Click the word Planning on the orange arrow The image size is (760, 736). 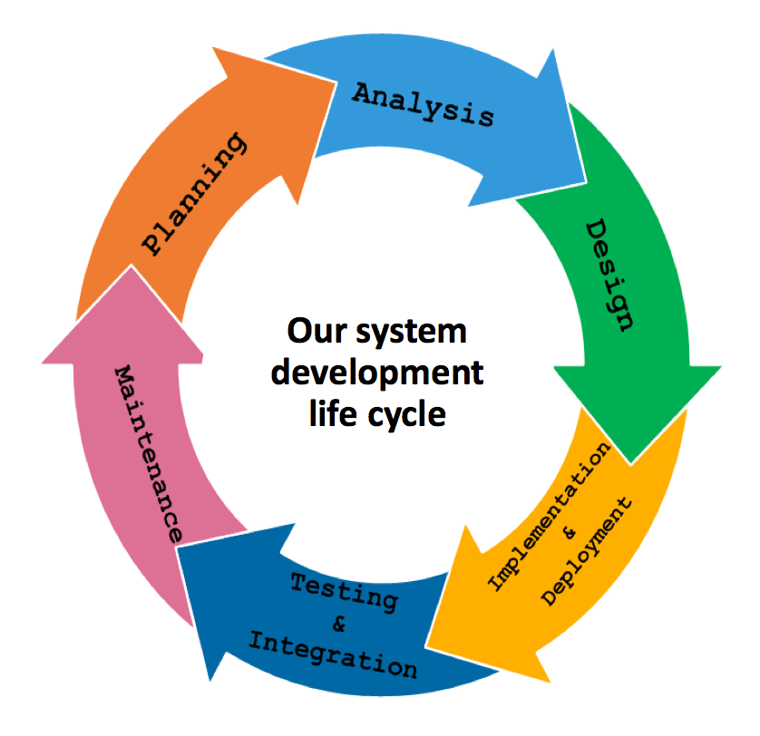(195, 194)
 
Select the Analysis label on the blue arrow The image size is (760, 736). (423, 104)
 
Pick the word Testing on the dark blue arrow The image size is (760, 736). (344, 592)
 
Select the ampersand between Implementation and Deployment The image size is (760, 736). (570, 535)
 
